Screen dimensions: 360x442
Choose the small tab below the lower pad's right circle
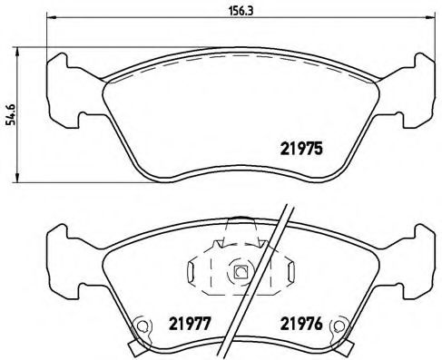(x=345, y=346)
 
